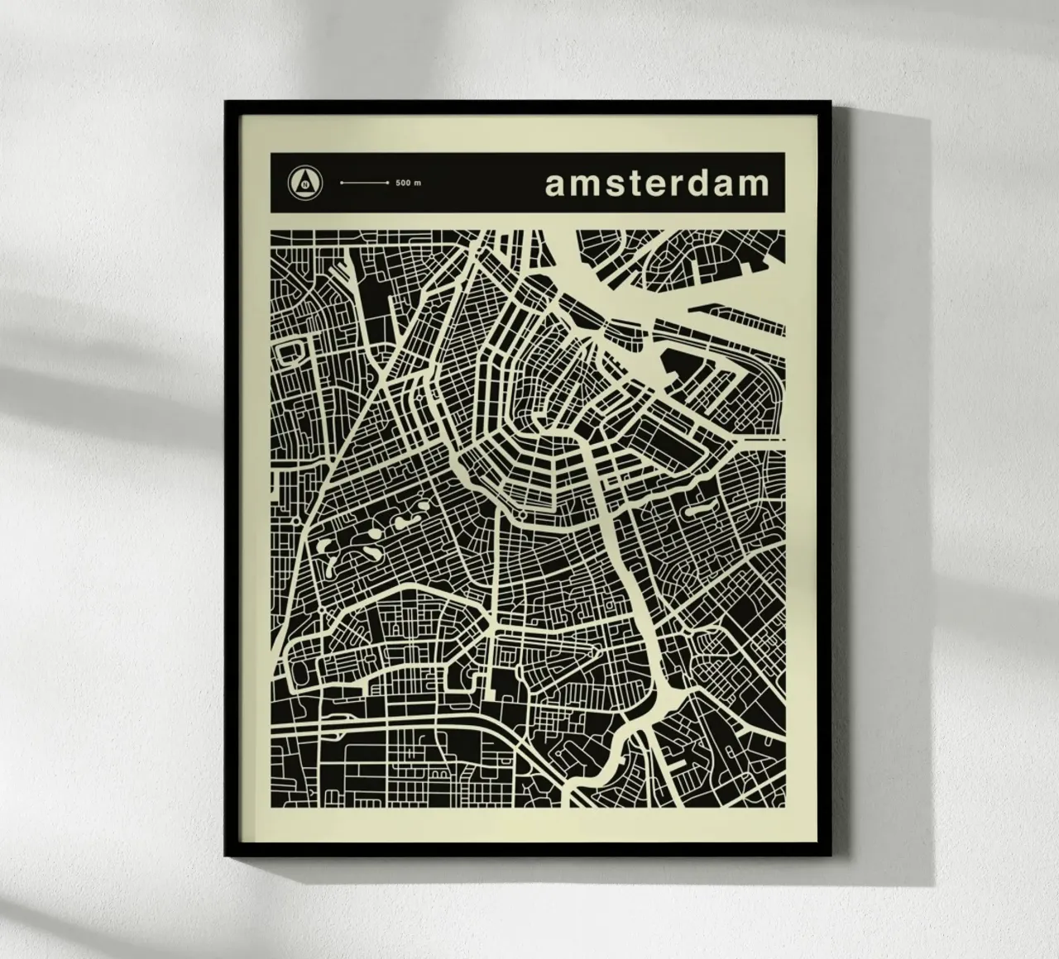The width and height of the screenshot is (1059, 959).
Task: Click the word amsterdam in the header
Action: [657, 184]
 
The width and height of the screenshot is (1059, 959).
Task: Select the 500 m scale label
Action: [408, 183]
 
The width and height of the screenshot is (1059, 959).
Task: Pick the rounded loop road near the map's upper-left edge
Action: [291, 354]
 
